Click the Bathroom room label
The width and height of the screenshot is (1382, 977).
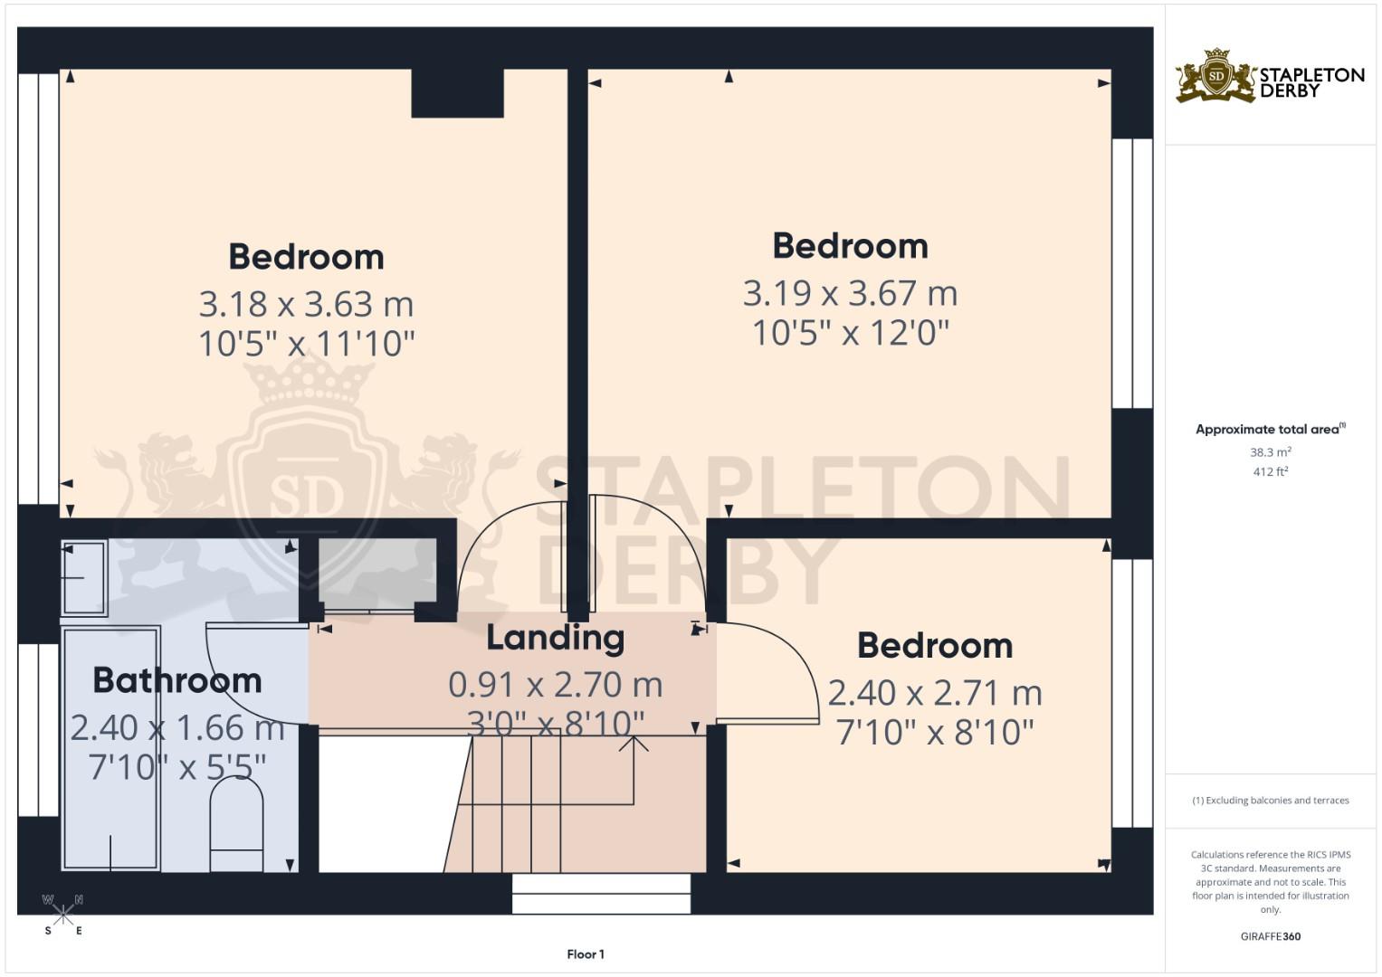click(x=177, y=680)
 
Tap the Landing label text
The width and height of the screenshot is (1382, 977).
click(x=556, y=637)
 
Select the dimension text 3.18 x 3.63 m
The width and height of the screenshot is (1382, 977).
click(x=306, y=304)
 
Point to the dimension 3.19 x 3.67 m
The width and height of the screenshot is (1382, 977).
click(x=850, y=293)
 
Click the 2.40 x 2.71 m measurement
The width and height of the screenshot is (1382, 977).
click(x=935, y=693)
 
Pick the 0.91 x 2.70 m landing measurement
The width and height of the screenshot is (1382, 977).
click(x=556, y=685)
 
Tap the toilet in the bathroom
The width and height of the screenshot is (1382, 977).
click(x=237, y=823)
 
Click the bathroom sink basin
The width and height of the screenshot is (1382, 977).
click(x=84, y=578)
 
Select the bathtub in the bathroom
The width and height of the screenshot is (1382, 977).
click(x=111, y=748)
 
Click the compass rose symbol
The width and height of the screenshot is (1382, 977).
click(x=62, y=915)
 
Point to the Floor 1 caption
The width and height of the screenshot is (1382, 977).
click(x=586, y=954)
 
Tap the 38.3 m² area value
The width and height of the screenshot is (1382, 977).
click(x=1271, y=452)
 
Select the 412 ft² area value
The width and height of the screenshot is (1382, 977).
click(x=1271, y=472)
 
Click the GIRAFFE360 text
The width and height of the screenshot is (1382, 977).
click(x=1271, y=936)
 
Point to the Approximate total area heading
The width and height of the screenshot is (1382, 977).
click(x=1271, y=430)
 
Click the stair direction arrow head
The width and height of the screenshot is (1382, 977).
click(x=634, y=744)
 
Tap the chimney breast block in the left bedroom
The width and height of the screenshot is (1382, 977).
click(x=457, y=93)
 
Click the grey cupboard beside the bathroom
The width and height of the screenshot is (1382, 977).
click(x=377, y=574)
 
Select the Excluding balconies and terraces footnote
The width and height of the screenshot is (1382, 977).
click(x=1271, y=801)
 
